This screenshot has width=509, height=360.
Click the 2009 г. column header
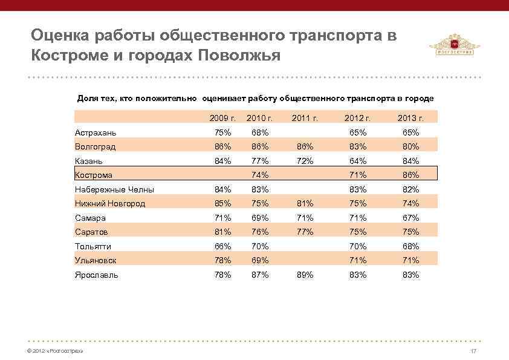point(222,117)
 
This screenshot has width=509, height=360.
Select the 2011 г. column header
point(305,117)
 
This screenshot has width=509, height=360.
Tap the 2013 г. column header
point(410,117)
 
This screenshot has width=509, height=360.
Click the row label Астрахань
point(96,133)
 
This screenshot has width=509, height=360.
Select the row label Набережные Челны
point(114,189)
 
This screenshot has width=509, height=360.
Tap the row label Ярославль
point(96,275)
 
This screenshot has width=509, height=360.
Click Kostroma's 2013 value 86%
point(410,175)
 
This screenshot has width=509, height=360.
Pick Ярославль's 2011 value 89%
point(305,275)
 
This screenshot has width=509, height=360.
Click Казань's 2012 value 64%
point(358,161)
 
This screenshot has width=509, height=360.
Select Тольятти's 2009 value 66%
point(222,246)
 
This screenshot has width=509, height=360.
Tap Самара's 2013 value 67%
point(410,218)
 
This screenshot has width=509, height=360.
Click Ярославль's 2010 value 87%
point(260,275)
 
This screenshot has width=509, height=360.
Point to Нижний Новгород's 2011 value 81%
point(305,203)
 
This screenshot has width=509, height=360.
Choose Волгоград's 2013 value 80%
point(410,146)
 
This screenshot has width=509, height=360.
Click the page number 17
point(473,352)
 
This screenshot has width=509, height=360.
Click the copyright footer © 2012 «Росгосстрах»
point(52,352)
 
